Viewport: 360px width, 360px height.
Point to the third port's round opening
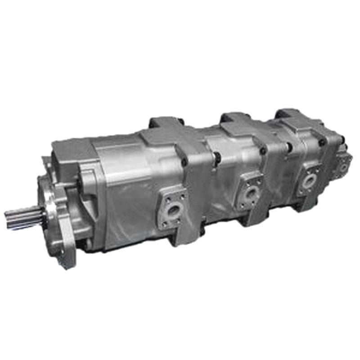[x=309, y=180]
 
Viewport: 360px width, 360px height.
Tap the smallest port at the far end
[x=344, y=166]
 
